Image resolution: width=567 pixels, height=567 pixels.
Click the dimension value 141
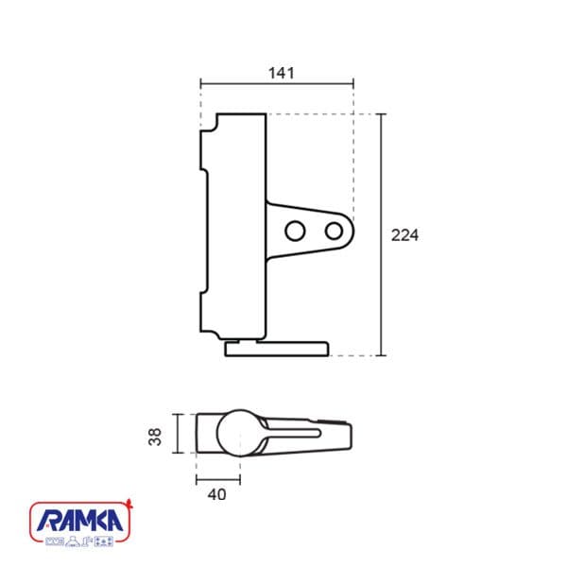click(282, 73)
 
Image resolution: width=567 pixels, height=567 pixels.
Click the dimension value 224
click(404, 235)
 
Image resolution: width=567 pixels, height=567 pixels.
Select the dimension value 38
click(155, 437)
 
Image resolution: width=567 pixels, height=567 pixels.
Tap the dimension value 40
click(217, 494)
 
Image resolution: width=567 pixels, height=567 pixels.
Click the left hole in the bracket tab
click(295, 231)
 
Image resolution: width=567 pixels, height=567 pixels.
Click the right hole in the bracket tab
click(334, 232)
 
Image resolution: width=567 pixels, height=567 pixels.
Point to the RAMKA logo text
click(80, 521)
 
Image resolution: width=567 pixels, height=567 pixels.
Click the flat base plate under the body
click(277, 349)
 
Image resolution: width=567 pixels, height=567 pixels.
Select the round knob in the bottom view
click(240, 433)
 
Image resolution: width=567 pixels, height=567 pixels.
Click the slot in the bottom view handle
click(291, 433)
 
